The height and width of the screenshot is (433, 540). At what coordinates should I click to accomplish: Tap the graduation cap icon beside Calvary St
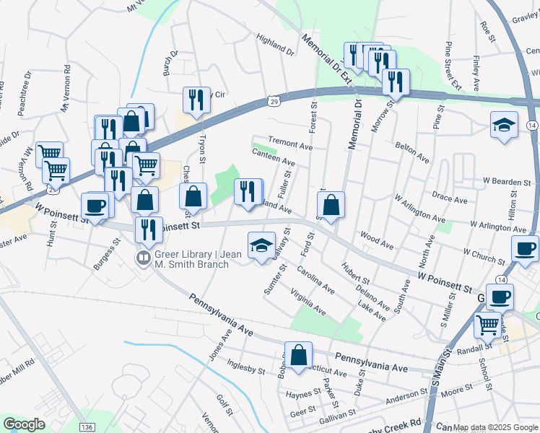[x=261, y=245]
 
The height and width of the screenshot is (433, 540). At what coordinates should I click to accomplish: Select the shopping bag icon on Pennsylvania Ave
[x=299, y=354]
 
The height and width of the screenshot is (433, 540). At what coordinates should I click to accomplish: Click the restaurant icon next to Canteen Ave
[x=248, y=191]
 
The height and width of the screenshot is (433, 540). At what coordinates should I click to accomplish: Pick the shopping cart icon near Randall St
[x=488, y=325]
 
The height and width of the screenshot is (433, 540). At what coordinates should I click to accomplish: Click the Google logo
[x=24, y=424]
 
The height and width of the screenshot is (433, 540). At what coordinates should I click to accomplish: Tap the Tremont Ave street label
[x=289, y=144]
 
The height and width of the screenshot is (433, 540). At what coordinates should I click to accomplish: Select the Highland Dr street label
[x=276, y=44]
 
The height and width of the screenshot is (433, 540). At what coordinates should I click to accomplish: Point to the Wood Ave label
[x=376, y=240]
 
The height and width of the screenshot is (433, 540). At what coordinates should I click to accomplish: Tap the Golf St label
[x=223, y=405]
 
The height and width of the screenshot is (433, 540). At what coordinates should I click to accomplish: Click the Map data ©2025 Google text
[x=495, y=427]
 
